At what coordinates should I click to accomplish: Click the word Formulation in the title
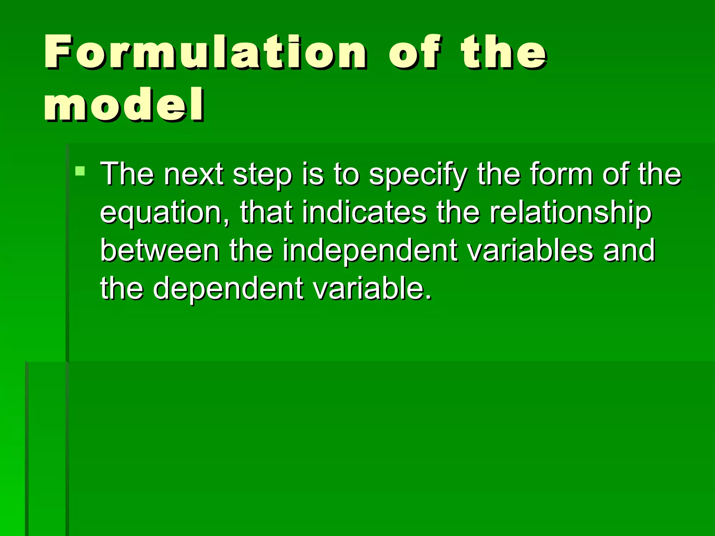pos(205,52)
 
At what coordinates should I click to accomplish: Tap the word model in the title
pos(124,105)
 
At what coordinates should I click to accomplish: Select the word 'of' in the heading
pos(414,52)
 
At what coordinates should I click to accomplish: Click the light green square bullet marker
pos(80,171)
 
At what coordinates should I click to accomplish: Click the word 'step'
pos(262,174)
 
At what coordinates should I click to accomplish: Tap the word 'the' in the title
pos(503,52)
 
